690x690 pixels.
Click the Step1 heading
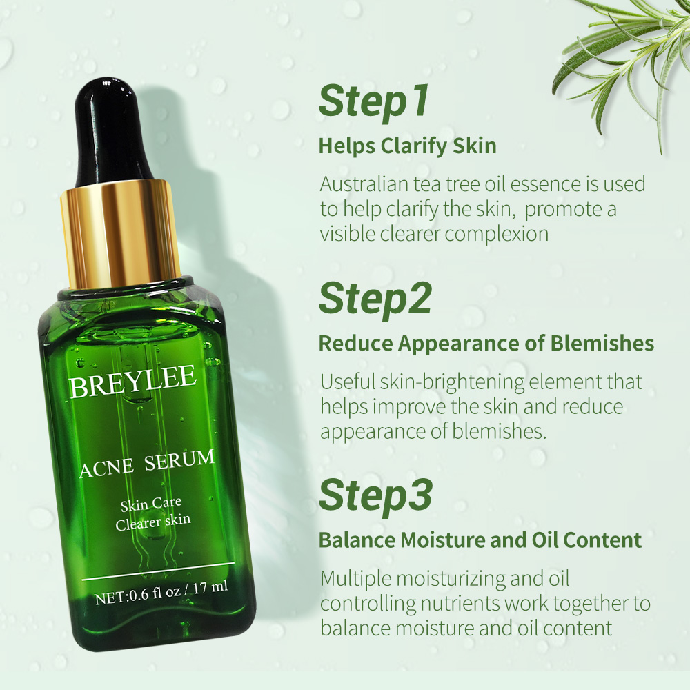(373, 102)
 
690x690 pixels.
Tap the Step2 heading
(375, 299)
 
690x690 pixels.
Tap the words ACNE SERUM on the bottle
(147, 464)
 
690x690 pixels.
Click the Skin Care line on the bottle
(151, 504)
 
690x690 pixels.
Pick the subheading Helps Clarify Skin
(408, 146)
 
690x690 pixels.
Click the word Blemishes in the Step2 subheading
(602, 343)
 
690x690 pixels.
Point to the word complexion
(497, 234)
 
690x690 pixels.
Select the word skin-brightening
(452, 382)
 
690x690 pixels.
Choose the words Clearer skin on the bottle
(153, 522)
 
